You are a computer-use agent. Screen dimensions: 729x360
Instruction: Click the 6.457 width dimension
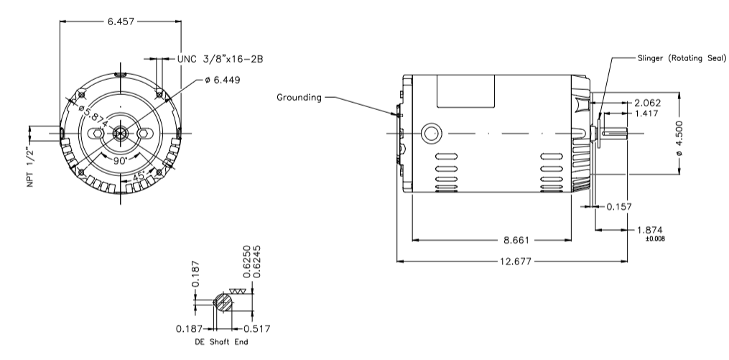121,22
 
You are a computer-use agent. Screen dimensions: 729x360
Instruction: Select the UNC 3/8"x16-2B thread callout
220,59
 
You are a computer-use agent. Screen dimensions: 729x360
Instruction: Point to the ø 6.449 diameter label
222,80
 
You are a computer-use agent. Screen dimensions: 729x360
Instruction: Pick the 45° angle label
139,177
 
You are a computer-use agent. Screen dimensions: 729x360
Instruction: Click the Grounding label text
299,97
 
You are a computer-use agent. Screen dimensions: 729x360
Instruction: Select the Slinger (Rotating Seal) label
682,58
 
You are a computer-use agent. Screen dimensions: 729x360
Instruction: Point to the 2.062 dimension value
647,103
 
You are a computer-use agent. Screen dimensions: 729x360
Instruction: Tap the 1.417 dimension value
646,113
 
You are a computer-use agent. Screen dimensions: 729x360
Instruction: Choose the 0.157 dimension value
619,206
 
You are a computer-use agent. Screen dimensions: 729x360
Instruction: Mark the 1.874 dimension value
650,230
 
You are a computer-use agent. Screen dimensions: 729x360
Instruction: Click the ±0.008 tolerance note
655,239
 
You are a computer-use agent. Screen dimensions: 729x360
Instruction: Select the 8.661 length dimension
516,240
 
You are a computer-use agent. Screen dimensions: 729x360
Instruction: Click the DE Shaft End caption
221,342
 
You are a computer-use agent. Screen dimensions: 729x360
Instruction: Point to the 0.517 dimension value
256,329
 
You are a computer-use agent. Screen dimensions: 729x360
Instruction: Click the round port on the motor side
431,134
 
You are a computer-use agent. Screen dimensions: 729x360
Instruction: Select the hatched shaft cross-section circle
223,303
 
